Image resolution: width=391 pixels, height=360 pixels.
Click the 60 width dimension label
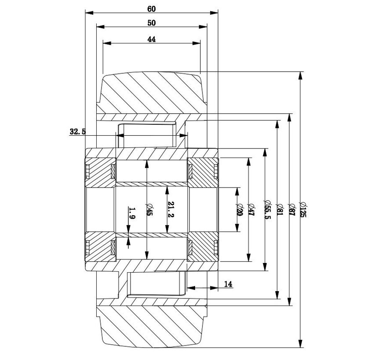point(152,9)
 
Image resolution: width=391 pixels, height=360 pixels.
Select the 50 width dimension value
point(152,22)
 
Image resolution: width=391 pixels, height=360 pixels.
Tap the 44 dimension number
point(152,39)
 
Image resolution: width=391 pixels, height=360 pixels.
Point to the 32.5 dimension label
point(77,131)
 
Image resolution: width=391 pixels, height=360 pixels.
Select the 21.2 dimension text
point(171,209)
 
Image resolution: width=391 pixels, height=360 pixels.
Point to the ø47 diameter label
point(252,209)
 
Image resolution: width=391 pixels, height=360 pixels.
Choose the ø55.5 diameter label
point(268,209)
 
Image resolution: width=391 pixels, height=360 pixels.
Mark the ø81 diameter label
point(279,209)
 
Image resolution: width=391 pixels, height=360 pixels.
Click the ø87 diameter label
point(291,209)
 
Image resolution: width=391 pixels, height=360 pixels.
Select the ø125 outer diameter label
point(303,209)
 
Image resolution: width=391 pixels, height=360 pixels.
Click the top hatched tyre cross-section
point(152,94)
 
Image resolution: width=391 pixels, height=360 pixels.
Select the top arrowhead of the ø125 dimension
point(300,76)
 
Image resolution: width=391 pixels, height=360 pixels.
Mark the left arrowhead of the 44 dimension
point(106,43)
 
